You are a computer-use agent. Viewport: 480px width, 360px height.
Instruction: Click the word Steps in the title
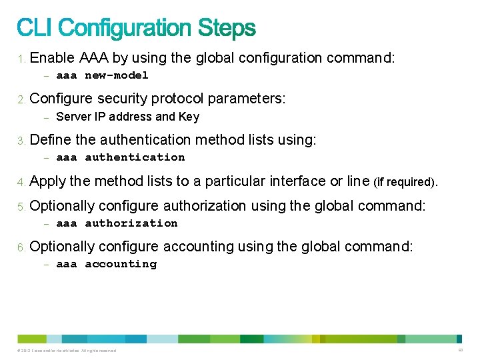click(227, 28)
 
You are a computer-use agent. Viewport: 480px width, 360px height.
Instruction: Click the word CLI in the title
click(37, 28)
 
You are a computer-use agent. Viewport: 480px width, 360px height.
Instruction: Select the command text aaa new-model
click(102, 75)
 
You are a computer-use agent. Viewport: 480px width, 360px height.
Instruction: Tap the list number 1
click(21, 59)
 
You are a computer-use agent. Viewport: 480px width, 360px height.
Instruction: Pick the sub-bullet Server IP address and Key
click(127, 117)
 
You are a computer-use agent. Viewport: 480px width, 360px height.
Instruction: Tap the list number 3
click(21, 141)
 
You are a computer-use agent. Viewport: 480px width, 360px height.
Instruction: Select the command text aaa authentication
click(121, 157)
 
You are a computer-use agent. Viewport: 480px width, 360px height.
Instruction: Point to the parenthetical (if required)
click(406, 182)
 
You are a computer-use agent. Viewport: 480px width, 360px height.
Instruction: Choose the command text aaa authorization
click(117, 223)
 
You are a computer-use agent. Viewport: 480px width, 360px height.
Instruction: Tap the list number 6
click(21, 247)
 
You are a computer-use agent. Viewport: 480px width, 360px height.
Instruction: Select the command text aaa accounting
click(107, 264)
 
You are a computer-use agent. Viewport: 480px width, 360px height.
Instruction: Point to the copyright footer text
click(67, 351)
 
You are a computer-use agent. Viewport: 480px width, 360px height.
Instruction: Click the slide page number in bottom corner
click(460, 350)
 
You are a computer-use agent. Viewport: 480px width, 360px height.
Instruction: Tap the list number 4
click(21, 182)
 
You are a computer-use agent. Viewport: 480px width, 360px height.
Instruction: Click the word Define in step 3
click(49, 140)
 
